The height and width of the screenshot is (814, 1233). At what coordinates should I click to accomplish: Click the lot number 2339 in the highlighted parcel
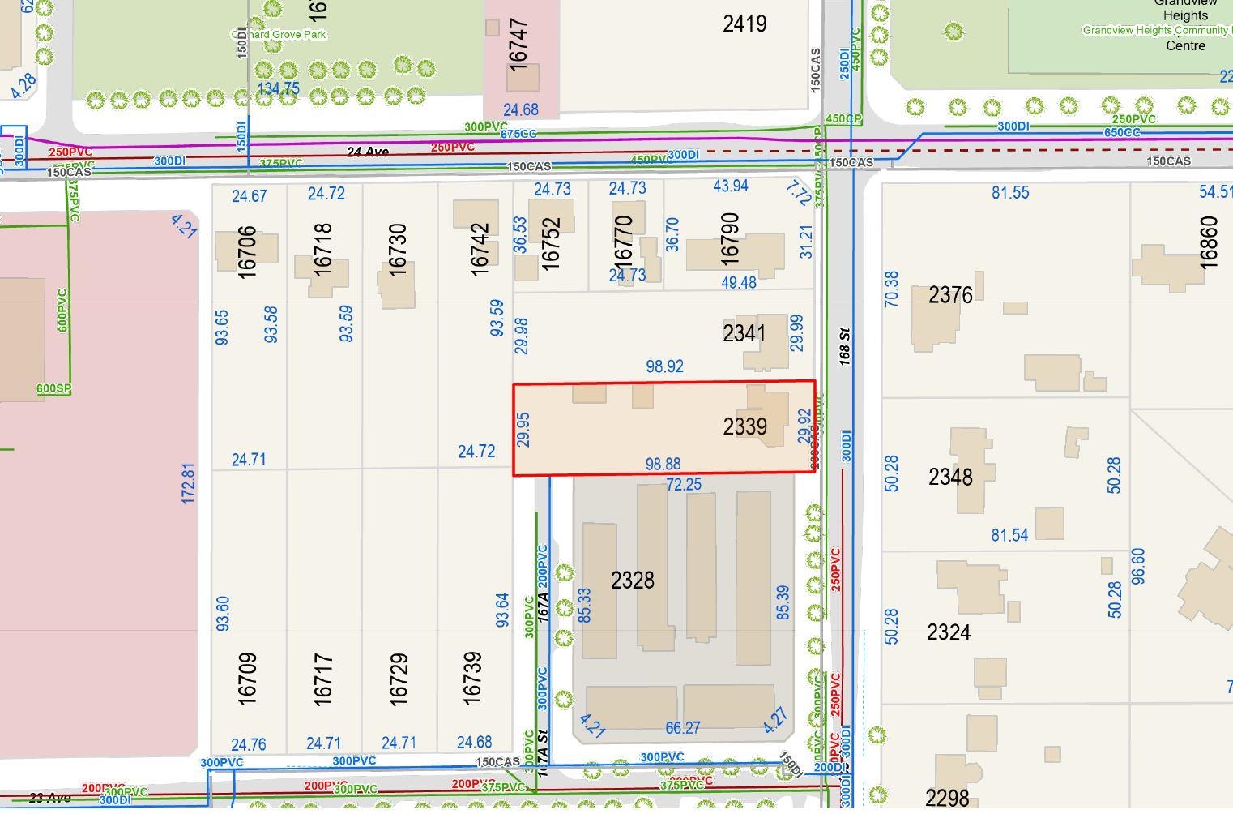[x=744, y=426]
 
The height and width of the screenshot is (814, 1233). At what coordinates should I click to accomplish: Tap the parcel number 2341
[x=744, y=333]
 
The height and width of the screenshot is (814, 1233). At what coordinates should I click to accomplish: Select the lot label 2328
[x=632, y=581]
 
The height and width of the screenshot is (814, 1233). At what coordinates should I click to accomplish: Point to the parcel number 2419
[x=744, y=24]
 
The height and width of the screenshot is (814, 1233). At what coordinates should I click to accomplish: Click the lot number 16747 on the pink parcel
[x=519, y=45]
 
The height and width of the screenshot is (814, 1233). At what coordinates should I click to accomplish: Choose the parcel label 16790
[x=729, y=238]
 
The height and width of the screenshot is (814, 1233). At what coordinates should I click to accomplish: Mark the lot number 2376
[x=950, y=295]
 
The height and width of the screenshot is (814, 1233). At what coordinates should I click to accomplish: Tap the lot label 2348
[x=950, y=477]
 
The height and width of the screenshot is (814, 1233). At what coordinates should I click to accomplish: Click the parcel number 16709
[x=248, y=678]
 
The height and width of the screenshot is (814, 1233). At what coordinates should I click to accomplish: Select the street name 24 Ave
[x=368, y=152]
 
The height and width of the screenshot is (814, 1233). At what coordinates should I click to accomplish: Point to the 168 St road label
[x=844, y=345]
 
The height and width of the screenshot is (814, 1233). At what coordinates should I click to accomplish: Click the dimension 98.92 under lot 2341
[x=664, y=366]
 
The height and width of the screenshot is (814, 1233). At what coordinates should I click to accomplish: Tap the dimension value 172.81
[x=188, y=483]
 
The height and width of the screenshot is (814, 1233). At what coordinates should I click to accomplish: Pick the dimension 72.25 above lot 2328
[x=684, y=484]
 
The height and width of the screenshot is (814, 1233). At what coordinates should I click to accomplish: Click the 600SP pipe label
[x=53, y=388]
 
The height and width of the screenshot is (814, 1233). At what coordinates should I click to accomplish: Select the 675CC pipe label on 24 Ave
[x=518, y=134]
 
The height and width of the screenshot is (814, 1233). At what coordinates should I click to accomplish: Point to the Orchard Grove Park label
[x=279, y=35]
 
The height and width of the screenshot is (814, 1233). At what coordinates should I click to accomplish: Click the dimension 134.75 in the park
[x=278, y=88]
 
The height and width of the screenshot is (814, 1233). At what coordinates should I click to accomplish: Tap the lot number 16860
[x=1208, y=242]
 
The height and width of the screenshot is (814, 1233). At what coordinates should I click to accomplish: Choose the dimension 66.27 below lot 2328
[x=682, y=728]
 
